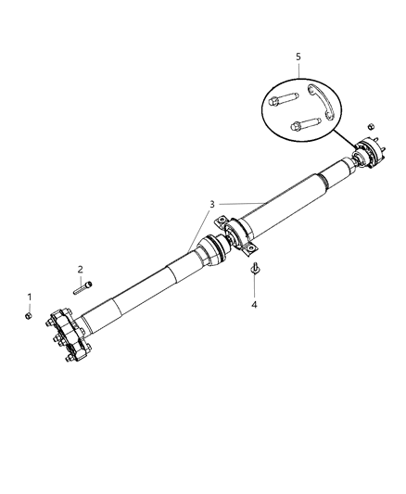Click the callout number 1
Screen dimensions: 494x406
click(x=29, y=298)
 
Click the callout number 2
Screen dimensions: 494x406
click(x=80, y=270)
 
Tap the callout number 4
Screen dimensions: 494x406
click(x=254, y=304)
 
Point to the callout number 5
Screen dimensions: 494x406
click(x=298, y=57)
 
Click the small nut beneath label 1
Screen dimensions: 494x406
click(x=30, y=315)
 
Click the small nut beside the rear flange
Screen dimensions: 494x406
click(x=371, y=126)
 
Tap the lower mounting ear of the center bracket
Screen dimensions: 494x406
click(x=253, y=248)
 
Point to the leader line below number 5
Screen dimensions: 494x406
click(x=298, y=72)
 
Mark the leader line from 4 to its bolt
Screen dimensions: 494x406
click(x=254, y=287)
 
